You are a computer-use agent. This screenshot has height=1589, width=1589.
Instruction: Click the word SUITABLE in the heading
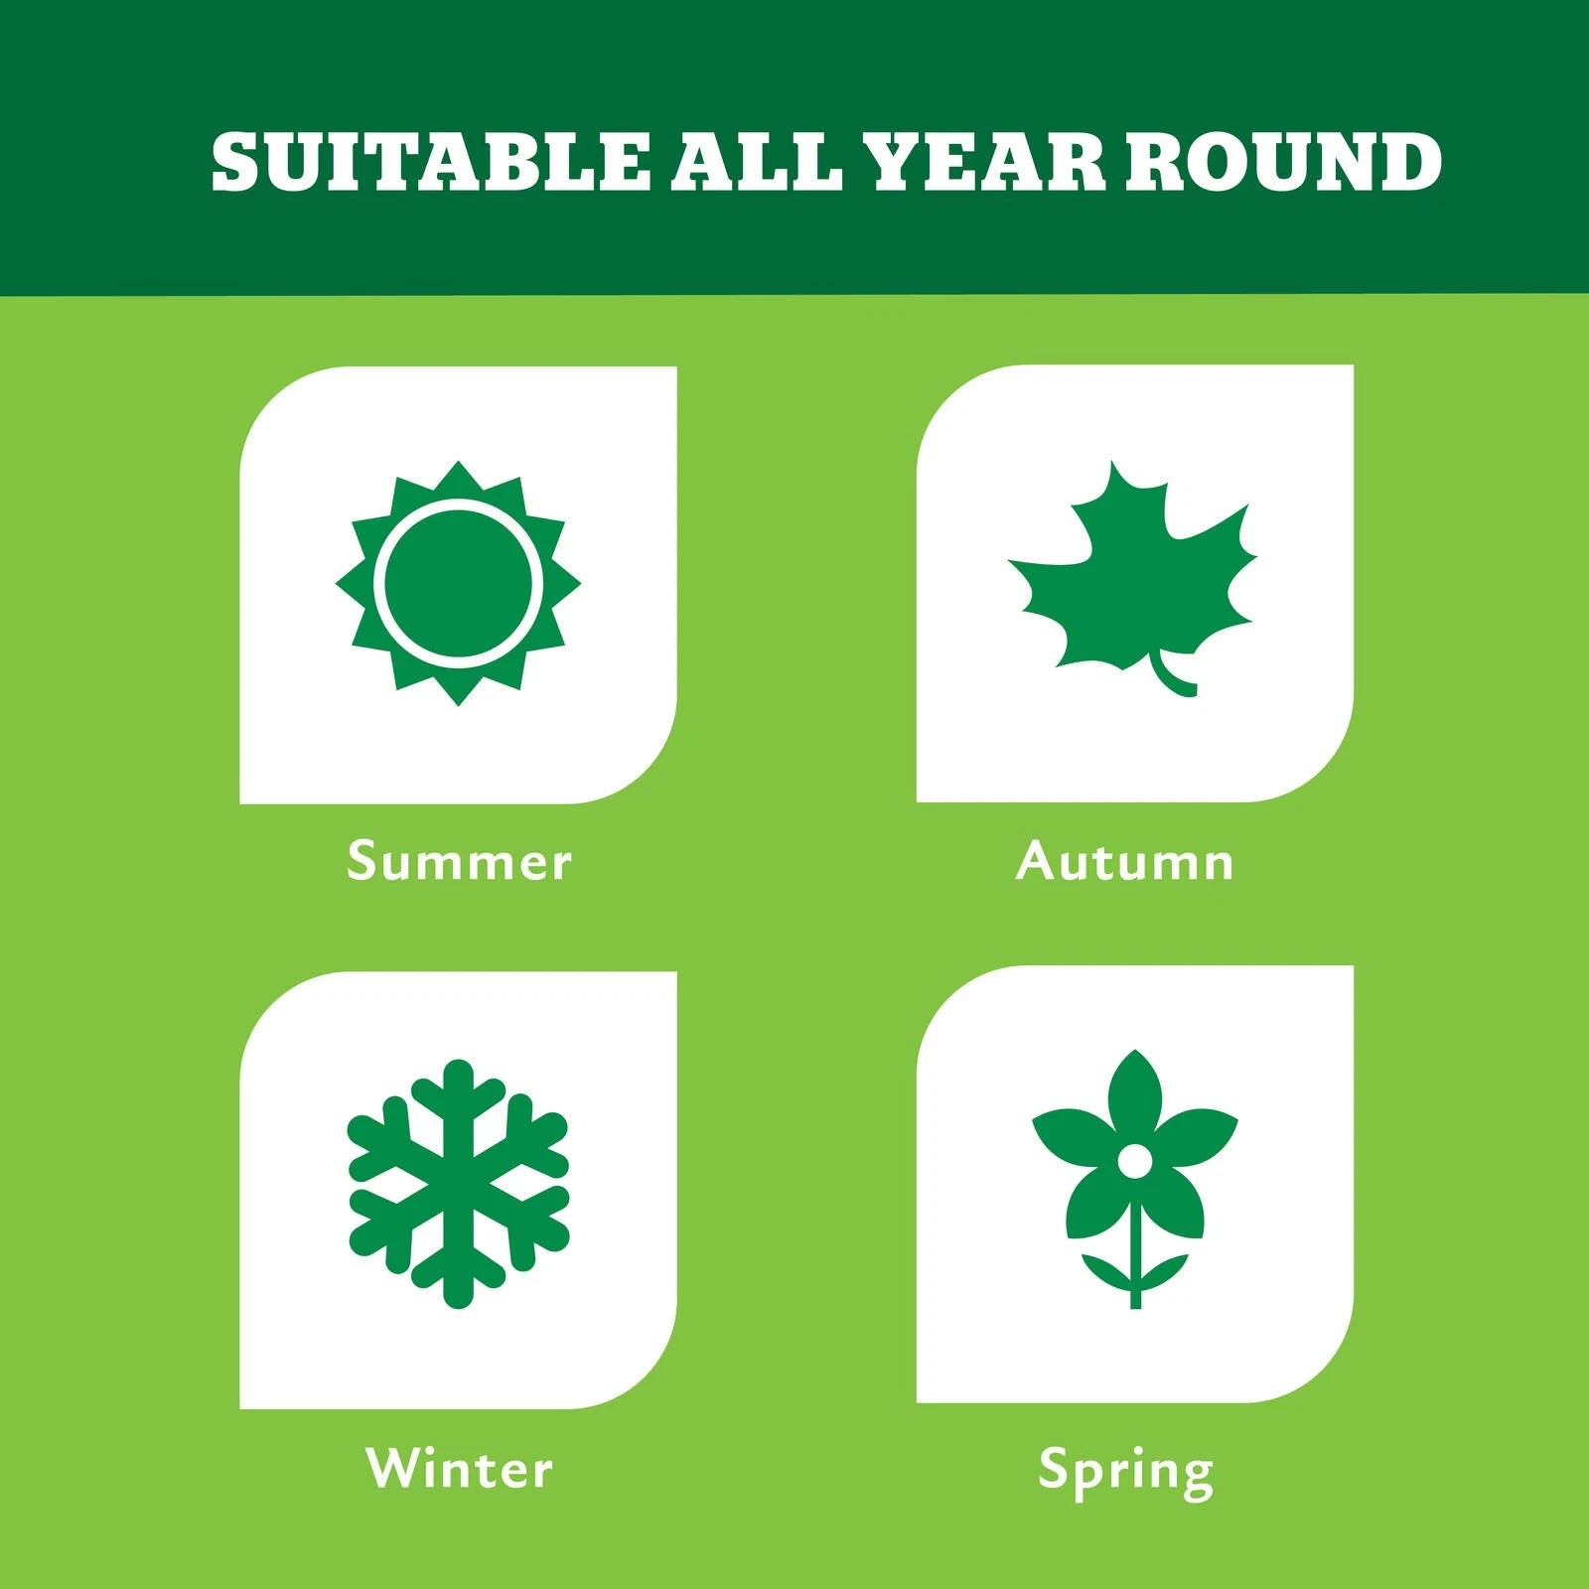(431, 161)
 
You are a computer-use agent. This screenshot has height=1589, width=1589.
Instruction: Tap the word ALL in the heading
(757, 161)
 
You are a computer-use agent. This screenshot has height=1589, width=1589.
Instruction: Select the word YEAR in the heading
(984, 161)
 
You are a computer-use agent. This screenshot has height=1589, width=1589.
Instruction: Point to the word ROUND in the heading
(1283, 161)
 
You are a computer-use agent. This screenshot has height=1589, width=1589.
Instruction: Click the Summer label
(459, 861)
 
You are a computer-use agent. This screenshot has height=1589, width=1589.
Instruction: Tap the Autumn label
(1124, 861)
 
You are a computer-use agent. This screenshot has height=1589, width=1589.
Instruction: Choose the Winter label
(459, 1469)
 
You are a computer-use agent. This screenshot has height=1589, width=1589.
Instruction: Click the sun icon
(458, 583)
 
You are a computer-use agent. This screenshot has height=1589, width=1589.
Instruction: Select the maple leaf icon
(1132, 576)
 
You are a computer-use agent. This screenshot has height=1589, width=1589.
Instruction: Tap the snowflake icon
(458, 1183)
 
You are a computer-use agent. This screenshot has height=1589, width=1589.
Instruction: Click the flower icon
(1135, 1179)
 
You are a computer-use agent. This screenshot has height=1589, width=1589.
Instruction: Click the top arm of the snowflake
(458, 1102)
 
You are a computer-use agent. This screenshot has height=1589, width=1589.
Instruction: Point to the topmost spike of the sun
(458, 475)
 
